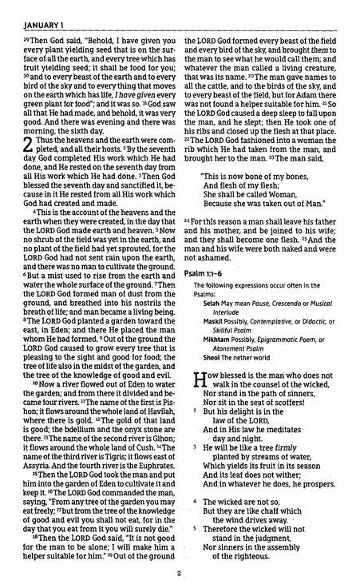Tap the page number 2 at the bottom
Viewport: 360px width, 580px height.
click(180, 572)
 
